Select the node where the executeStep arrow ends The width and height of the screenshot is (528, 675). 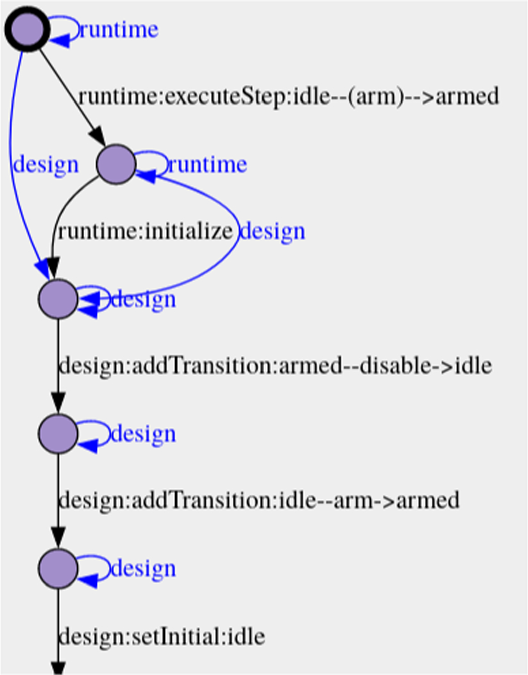pos(116,164)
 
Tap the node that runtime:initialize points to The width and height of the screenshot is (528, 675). pos(58,299)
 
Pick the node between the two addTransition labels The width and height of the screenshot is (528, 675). pos(58,434)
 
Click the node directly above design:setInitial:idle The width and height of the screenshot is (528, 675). pos(58,568)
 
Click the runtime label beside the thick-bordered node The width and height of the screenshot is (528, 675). pos(119,30)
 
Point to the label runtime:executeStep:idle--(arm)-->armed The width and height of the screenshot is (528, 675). pos(289,97)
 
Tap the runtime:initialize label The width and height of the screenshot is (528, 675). pos(144,231)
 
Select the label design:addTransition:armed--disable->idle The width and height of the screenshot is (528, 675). pos(275,366)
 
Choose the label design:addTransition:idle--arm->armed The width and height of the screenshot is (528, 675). pos(259,500)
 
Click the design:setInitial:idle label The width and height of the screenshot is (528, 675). pos(162,637)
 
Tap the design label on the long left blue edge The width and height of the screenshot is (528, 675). pos(46,165)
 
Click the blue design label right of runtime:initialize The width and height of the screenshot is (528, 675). pos(272,231)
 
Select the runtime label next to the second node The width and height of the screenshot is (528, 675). pos(207,165)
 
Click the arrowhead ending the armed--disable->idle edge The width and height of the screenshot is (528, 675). pos(58,406)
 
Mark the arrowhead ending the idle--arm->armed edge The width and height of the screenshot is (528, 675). pos(58,540)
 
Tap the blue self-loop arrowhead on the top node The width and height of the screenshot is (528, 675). pos(60,40)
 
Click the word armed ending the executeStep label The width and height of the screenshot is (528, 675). pos(467,97)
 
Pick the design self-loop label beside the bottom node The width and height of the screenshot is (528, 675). pos(143,568)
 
